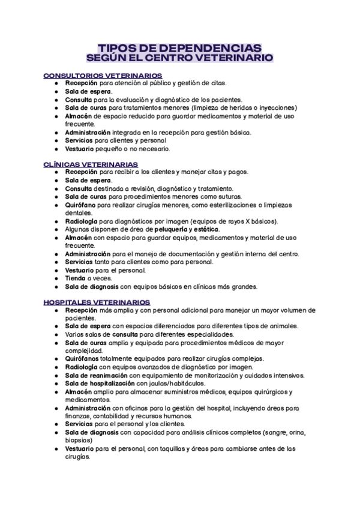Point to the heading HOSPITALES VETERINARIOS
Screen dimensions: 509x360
point(97,303)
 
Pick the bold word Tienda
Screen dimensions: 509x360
point(76,279)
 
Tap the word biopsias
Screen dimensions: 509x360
point(77,440)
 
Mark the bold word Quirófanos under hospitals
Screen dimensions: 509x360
point(86,358)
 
